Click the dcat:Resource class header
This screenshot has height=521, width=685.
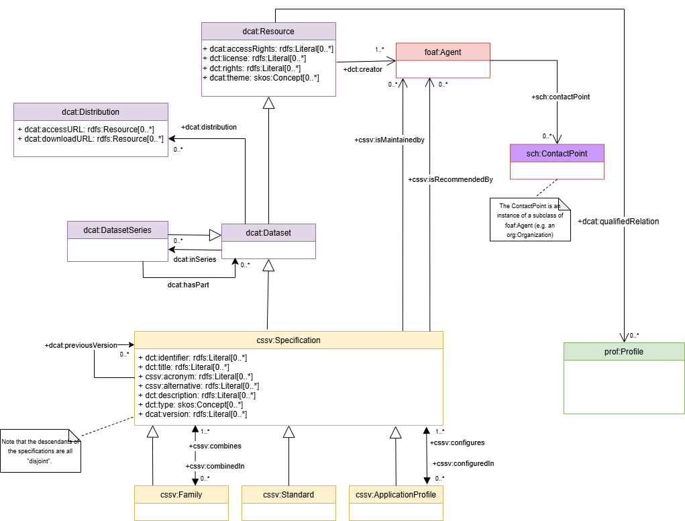pyautogui.click(x=268, y=32)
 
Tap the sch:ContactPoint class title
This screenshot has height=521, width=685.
pyautogui.click(x=557, y=154)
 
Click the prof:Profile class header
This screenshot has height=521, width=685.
pyautogui.click(x=624, y=351)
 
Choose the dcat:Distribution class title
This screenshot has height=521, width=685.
pyautogui.click(x=91, y=111)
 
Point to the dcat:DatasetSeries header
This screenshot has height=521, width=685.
pyautogui.click(x=117, y=230)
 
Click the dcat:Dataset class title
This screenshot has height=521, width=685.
pyautogui.click(x=268, y=233)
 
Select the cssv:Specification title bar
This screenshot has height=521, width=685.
pyautogui.click(x=288, y=340)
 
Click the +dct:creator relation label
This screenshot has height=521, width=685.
pyautogui.click(x=362, y=69)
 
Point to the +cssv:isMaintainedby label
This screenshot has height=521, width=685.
pyautogui.click(x=380, y=140)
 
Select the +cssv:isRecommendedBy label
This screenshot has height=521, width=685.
pyautogui.click(x=450, y=179)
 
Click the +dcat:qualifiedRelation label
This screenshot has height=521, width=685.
pyautogui.click(x=618, y=221)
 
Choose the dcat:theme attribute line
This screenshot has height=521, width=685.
pyautogui.click(x=260, y=78)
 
